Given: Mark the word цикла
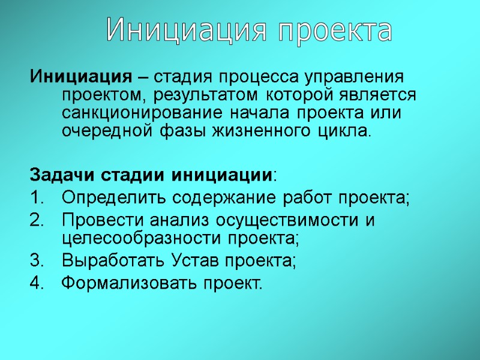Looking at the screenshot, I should coord(345,130).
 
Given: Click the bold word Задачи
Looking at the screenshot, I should coord(58,175).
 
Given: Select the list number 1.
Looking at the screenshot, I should coord(35,197).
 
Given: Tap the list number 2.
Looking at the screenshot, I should coord(35,220).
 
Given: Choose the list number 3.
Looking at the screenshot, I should coord(35,261).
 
